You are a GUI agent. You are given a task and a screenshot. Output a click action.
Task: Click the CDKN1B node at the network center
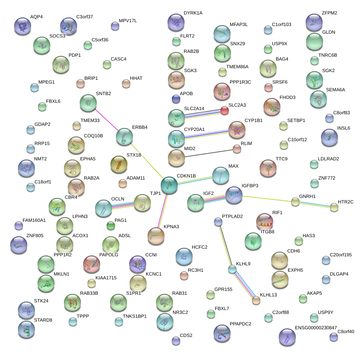coord(169,186)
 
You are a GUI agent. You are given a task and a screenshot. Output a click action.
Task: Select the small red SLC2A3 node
coord(224,110)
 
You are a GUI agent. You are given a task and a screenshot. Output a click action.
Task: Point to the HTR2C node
coord(334,207)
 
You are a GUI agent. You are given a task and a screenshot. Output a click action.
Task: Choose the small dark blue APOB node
coord(176,99)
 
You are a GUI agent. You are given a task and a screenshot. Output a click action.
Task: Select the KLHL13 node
coord(256,300)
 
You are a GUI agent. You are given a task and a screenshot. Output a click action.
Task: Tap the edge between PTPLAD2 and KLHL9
coord(225,245)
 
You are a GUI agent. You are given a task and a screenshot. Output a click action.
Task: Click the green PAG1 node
coord(110,226)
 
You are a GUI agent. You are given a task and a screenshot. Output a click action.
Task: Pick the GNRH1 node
coord(295,201)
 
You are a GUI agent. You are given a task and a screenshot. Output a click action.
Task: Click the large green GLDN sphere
coord(315,41)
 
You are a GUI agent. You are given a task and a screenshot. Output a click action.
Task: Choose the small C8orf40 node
coord(333,337)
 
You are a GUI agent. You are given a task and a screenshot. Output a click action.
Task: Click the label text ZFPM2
coord(329,13)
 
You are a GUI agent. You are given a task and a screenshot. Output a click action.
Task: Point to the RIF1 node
coord(264,221)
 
